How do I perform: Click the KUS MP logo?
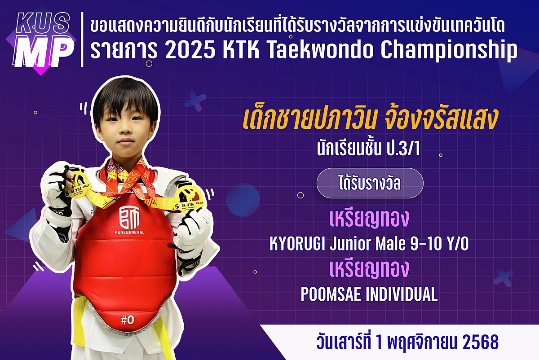tap(43, 40)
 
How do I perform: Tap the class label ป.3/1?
tap(404, 150)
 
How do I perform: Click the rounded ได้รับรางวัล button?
tap(370, 184)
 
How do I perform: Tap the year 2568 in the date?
tap(480, 342)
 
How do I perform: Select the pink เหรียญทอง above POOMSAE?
tap(369, 269)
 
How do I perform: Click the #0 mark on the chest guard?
tap(127, 320)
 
